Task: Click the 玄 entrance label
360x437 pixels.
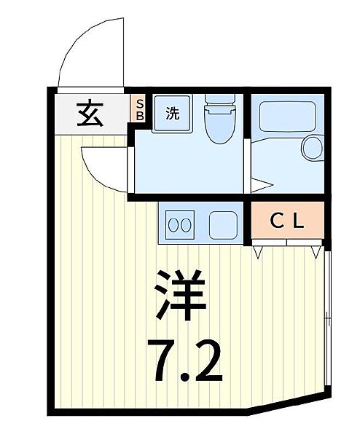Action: point(90,114)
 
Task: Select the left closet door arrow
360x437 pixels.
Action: point(259,252)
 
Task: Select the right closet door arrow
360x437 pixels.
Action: point(316,252)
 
